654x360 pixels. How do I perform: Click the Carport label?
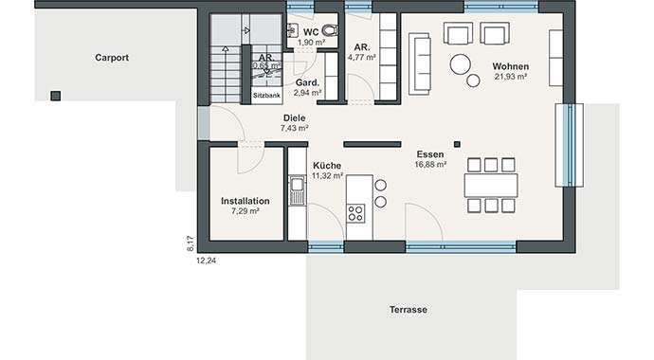[x=112, y=58]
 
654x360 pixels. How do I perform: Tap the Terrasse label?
[x=409, y=310]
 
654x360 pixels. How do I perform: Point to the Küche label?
[x=327, y=164]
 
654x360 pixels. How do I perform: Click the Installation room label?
[x=245, y=201]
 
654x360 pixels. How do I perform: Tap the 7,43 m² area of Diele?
[x=296, y=128]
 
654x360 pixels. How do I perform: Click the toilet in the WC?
[x=329, y=28]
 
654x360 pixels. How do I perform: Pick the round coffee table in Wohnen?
[x=462, y=64]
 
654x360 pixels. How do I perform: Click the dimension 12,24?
[x=206, y=260]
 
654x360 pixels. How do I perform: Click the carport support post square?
[x=56, y=96]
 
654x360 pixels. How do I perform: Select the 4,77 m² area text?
[x=362, y=57]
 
